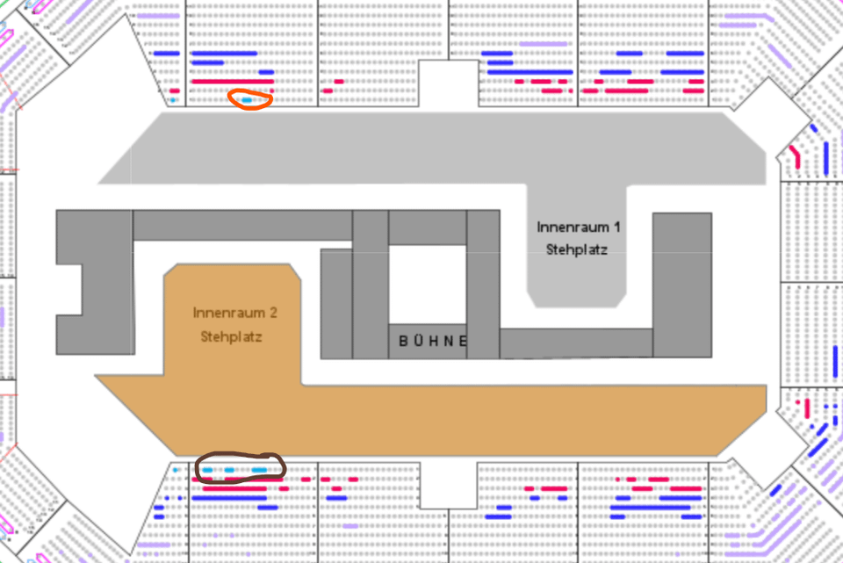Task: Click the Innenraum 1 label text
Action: [579, 227]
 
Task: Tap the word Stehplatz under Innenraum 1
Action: [577, 249]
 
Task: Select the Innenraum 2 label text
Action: [235, 313]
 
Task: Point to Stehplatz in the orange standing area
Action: [231, 336]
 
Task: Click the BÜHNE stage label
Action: [433, 341]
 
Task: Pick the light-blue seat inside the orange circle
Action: [247, 100]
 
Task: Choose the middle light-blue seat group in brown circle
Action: [229, 470]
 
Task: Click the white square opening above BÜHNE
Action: [428, 285]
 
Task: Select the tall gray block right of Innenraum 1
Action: [682, 285]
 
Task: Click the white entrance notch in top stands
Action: [449, 83]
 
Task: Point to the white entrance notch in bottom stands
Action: [449, 485]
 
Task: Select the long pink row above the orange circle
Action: [233, 82]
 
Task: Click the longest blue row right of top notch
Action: [530, 72]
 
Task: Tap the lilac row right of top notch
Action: [543, 44]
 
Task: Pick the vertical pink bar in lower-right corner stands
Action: [807, 408]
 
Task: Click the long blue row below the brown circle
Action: [229, 498]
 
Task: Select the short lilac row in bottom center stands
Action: [350, 526]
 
